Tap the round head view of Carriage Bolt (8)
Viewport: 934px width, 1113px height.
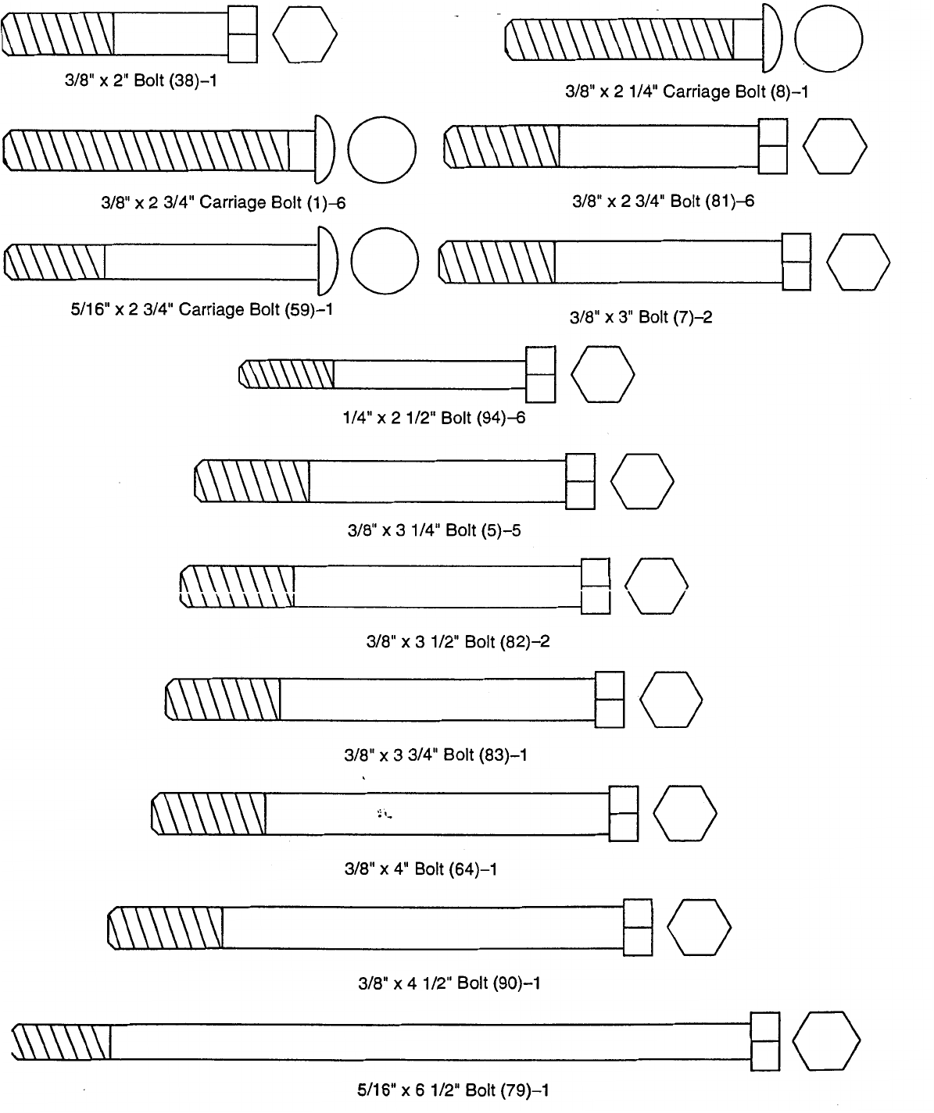click(828, 39)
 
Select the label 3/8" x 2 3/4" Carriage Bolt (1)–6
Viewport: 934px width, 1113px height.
click(224, 203)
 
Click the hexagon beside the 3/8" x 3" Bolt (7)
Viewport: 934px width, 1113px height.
click(857, 262)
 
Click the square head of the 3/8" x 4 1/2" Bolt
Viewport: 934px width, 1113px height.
click(638, 927)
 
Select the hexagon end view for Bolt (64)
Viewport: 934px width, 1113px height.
click(685, 813)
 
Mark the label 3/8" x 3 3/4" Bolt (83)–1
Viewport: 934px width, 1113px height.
click(436, 755)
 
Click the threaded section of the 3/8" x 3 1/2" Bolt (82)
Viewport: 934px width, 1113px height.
click(238, 586)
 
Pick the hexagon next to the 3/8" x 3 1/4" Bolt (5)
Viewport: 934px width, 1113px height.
click(642, 480)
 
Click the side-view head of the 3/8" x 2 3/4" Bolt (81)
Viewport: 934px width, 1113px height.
click(773, 146)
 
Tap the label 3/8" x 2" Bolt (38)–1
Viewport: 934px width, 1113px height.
click(140, 81)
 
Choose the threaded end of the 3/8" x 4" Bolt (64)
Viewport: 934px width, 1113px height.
click(209, 813)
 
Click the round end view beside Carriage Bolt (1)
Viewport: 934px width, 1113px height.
click(381, 150)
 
